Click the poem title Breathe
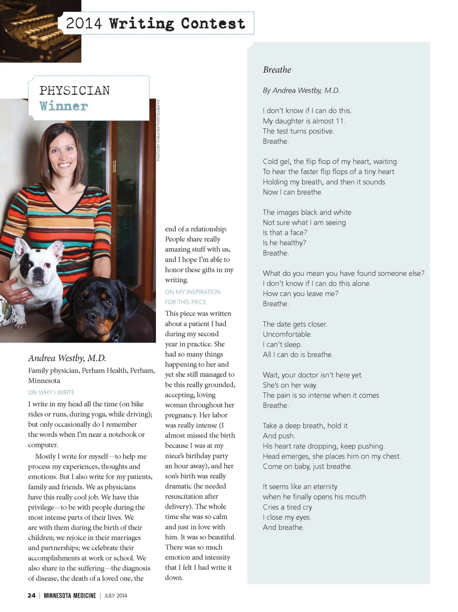[x=277, y=70]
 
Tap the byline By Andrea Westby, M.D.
[x=301, y=90]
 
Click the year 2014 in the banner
[x=84, y=23]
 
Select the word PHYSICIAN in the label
[x=74, y=91]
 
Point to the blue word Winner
[x=63, y=106]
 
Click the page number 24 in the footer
[x=31, y=595]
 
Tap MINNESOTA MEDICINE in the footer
[x=70, y=595]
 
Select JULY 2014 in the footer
[x=116, y=595]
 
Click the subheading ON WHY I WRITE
[x=51, y=392]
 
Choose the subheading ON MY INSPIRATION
[x=193, y=292]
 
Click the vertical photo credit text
[x=158, y=130]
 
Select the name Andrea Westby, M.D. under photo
[x=67, y=358]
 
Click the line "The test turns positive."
[x=298, y=131]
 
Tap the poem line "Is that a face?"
[x=285, y=233]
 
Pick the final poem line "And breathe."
[x=283, y=527]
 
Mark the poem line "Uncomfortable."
[x=287, y=334]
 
